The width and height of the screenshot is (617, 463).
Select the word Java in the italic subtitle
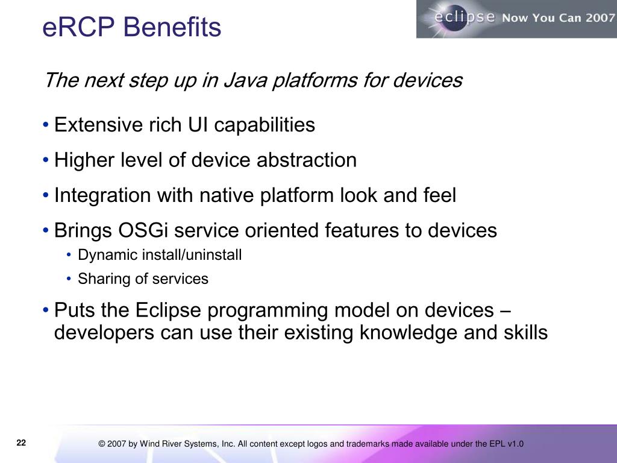(246, 80)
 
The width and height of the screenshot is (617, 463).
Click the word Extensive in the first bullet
(98, 125)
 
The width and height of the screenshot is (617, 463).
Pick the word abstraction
(307, 160)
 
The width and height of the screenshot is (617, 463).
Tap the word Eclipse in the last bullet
(169, 310)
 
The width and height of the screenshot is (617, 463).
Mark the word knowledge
(409, 333)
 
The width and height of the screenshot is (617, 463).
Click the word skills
(525, 332)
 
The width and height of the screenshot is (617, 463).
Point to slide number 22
(21, 443)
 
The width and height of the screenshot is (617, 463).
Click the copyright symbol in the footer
(101, 444)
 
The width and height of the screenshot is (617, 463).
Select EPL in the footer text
(497, 444)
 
